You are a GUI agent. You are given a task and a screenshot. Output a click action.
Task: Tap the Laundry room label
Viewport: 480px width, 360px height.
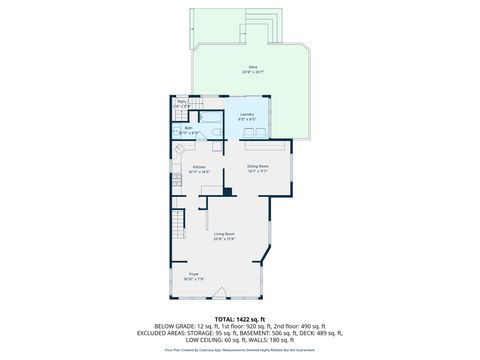pyautogui.click(x=246, y=114)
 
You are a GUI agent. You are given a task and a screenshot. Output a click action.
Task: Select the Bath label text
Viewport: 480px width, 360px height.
pyautogui.click(x=187, y=127)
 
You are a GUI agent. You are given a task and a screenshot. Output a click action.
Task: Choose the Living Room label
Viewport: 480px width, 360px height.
pyautogui.click(x=223, y=233)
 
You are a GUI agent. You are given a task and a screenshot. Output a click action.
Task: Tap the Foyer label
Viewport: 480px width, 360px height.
pyautogui.click(x=194, y=273)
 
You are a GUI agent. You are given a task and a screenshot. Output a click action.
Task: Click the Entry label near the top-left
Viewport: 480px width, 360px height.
pyautogui.click(x=183, y=102)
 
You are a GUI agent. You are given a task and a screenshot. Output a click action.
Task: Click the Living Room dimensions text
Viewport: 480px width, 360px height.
pyautogui.click(x=223, y=239)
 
